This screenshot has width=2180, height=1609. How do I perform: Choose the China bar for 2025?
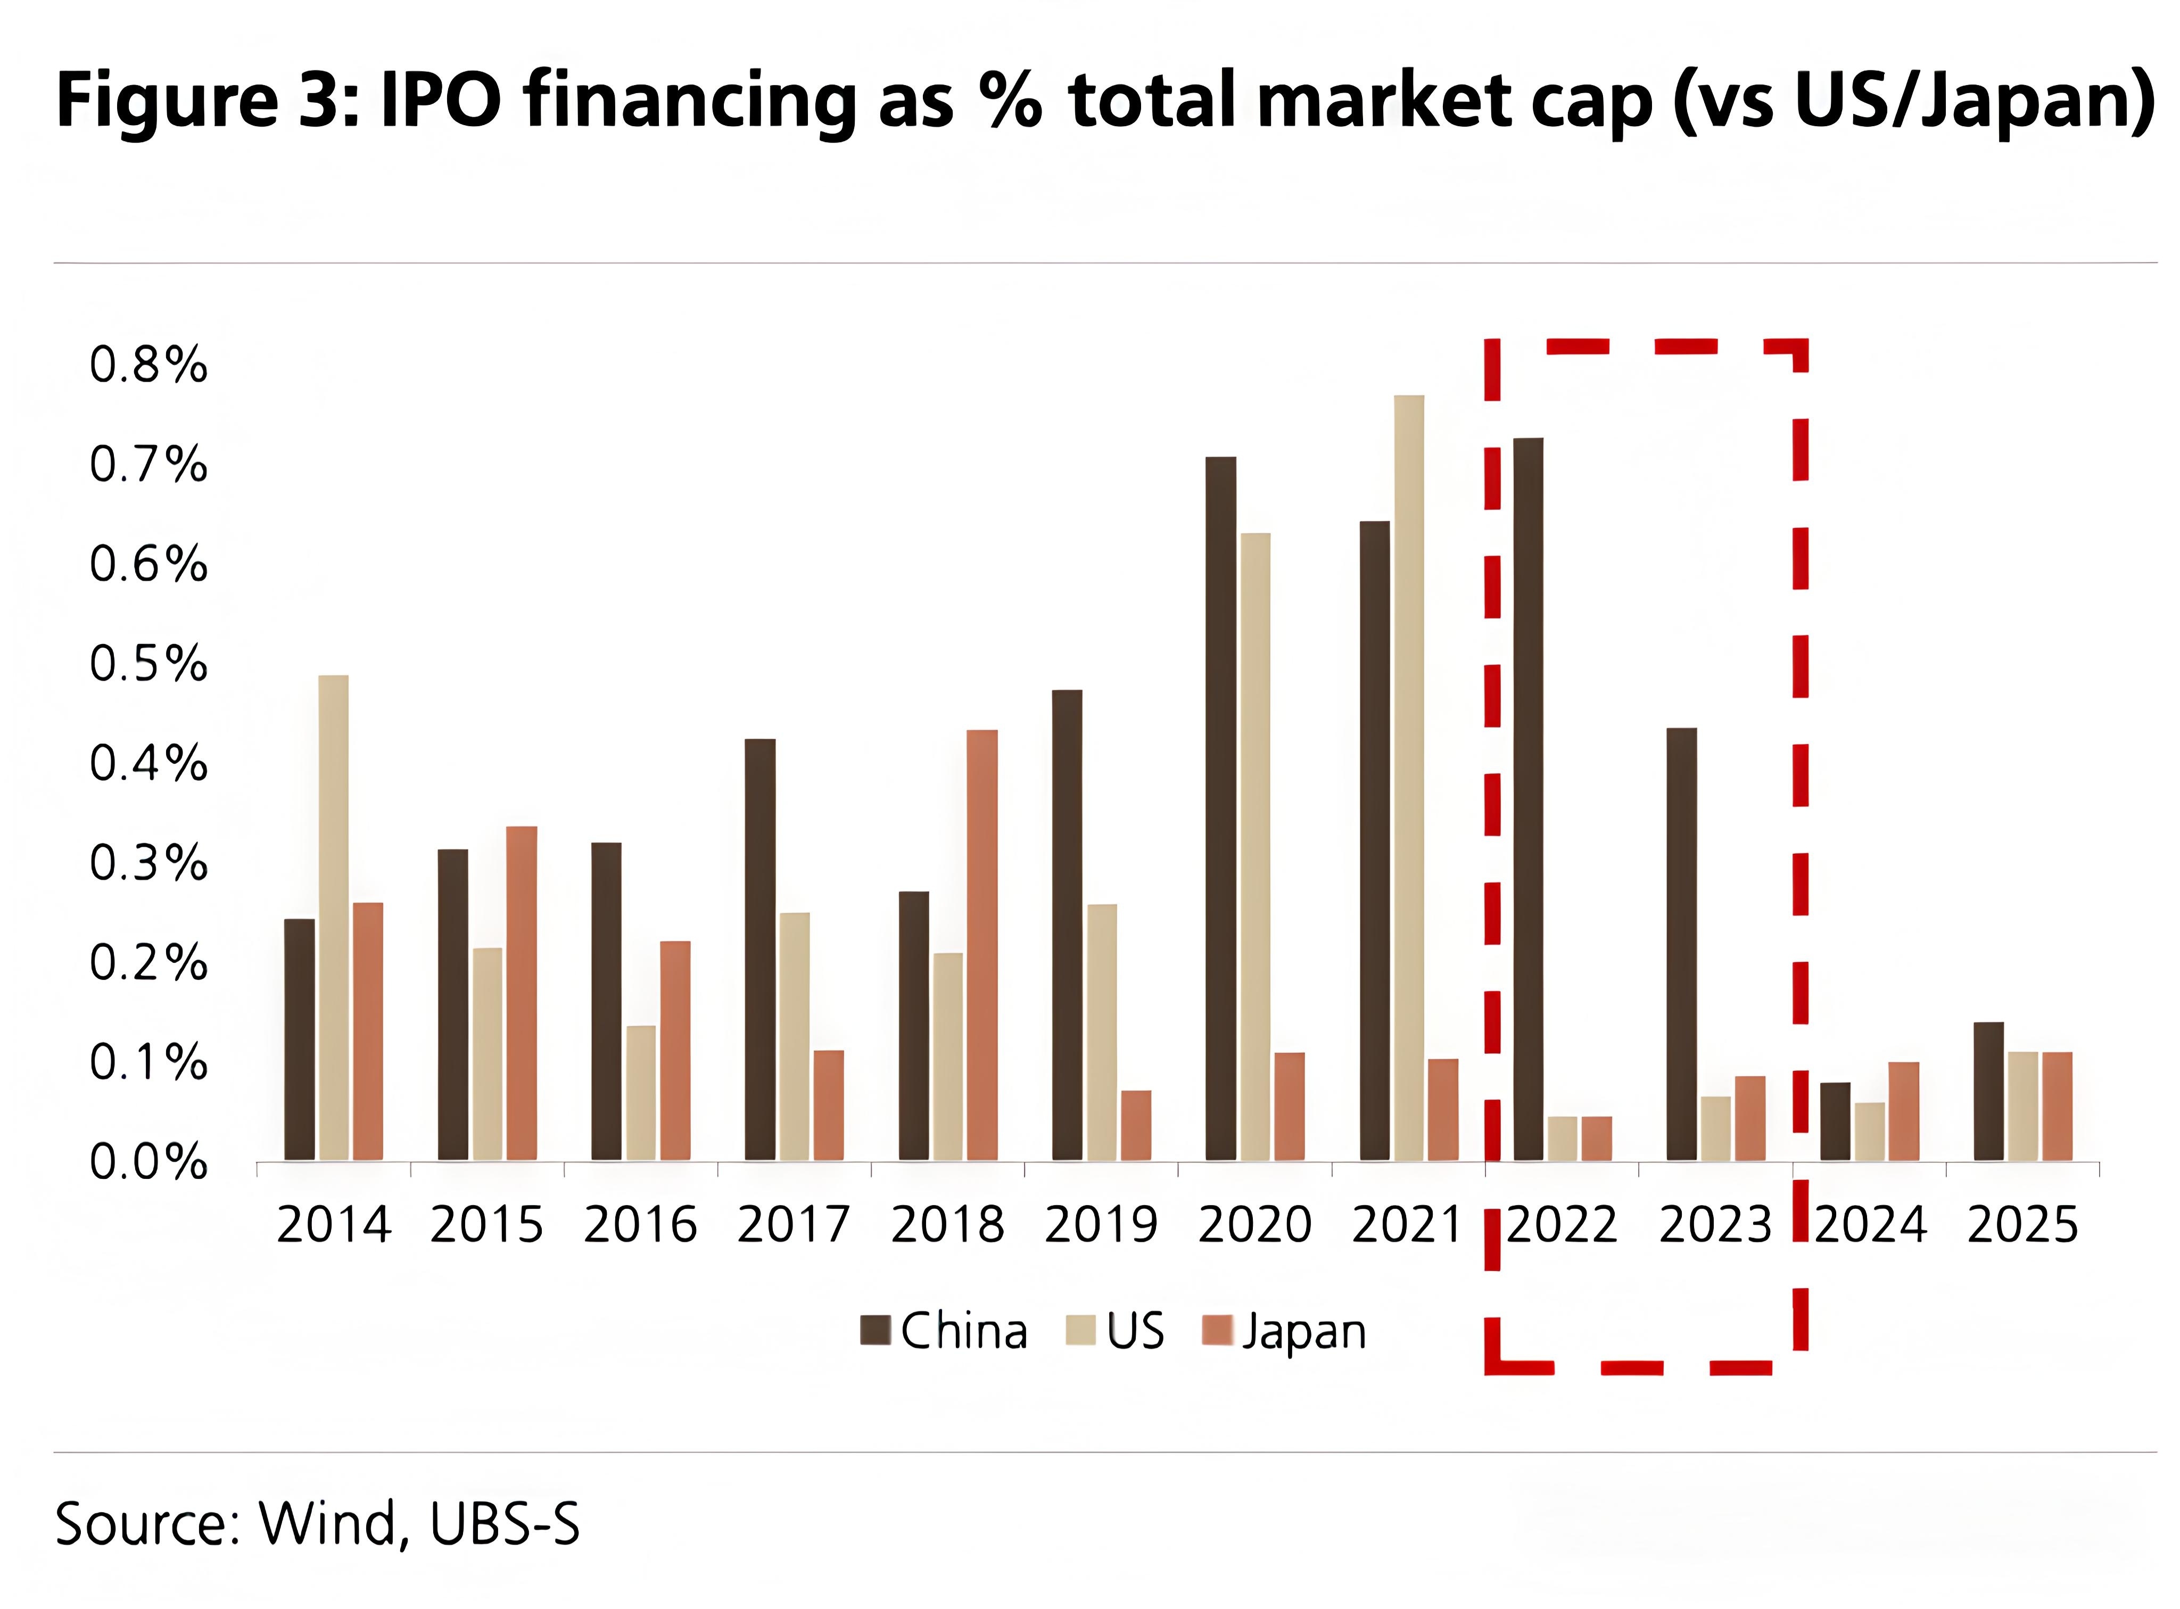pyautogui.click(x=1988, y=1091)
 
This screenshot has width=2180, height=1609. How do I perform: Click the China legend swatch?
pyautogui.click(x=876, y=1331)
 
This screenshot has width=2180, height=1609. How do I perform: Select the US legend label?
pyautogui.click(x=1135, y=1331)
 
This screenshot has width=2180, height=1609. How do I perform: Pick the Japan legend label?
pyautogui.click(x=1303, y=1332)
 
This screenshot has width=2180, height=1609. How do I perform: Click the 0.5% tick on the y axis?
pyautogui.click(x=148, y=664)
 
